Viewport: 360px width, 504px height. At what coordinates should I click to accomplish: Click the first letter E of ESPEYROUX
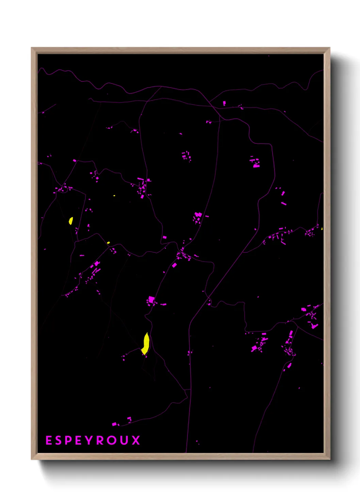coord(49,440)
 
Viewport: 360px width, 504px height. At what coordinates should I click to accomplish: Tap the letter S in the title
coord(58,440)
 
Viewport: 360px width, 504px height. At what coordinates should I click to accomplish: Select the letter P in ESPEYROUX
coord(68,440)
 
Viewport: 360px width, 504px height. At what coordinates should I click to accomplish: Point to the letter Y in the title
coord(89,440)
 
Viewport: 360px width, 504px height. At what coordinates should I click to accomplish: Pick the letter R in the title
coord(100,440)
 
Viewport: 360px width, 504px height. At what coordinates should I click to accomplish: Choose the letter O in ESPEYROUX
coord(112,440)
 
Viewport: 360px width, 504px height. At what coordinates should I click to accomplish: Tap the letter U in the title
coord(125,440)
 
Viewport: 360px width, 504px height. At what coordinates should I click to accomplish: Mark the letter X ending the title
coord(136,440)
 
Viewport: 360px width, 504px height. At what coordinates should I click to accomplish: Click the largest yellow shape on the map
coord(146,344)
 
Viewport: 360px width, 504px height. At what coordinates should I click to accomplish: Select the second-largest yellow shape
coord(71,221)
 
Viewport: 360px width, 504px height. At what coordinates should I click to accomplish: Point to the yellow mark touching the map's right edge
coord(322,229)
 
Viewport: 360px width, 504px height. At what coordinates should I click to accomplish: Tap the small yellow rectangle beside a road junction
coord(108,243)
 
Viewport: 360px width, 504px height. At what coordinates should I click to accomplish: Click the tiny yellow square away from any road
coord(114,196)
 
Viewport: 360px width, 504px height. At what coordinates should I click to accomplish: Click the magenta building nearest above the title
coord(114,424)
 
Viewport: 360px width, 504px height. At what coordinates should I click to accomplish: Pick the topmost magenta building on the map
coord(224,103)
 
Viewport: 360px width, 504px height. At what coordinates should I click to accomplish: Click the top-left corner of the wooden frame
coord(32,48)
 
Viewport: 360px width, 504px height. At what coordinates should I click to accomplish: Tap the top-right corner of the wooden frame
coord(329,48)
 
